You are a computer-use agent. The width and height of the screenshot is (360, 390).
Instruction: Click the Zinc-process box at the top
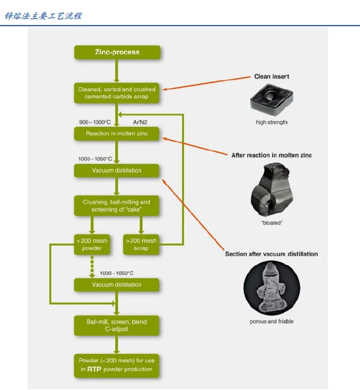click(x=117, y=52)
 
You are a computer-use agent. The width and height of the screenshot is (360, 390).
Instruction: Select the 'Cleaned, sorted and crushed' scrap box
click(x=117, y=93)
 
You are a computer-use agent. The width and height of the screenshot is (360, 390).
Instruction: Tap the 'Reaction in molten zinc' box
click(x=117, y=134)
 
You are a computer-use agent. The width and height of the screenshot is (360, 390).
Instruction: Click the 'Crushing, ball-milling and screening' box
click(x=117, y=206)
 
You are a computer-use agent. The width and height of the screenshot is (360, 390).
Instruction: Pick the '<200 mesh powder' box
click(x=92, y=245)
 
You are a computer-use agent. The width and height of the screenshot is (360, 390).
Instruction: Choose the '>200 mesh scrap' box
click(x=141, y=245)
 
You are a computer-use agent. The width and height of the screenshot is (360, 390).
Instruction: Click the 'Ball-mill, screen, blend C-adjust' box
click(x=117, y=326)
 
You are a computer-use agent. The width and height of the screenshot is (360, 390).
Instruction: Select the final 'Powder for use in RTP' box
click(x=117, y=366)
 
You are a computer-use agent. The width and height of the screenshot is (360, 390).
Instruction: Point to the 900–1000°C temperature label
click(x=95, y=122)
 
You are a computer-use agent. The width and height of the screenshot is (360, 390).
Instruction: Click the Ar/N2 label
click(x=140, y=122)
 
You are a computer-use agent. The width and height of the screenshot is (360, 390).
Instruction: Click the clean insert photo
click(x=272, y=100)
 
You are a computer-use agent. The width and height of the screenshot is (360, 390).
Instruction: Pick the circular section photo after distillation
click(x=272, y=288)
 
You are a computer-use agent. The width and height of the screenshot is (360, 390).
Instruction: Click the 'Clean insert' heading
click(x=272, y=76)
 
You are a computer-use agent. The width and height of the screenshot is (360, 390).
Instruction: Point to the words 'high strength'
click(x=272, y=122)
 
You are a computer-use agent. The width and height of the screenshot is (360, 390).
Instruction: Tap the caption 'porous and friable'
click(x=272, y=321)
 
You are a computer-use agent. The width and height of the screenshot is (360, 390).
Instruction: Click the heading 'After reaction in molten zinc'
click(x=272, y=155)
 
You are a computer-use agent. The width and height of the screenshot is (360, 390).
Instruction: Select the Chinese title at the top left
click(x=43, y=16)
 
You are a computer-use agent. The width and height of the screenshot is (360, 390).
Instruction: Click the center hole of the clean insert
click(x=270, y=95)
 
